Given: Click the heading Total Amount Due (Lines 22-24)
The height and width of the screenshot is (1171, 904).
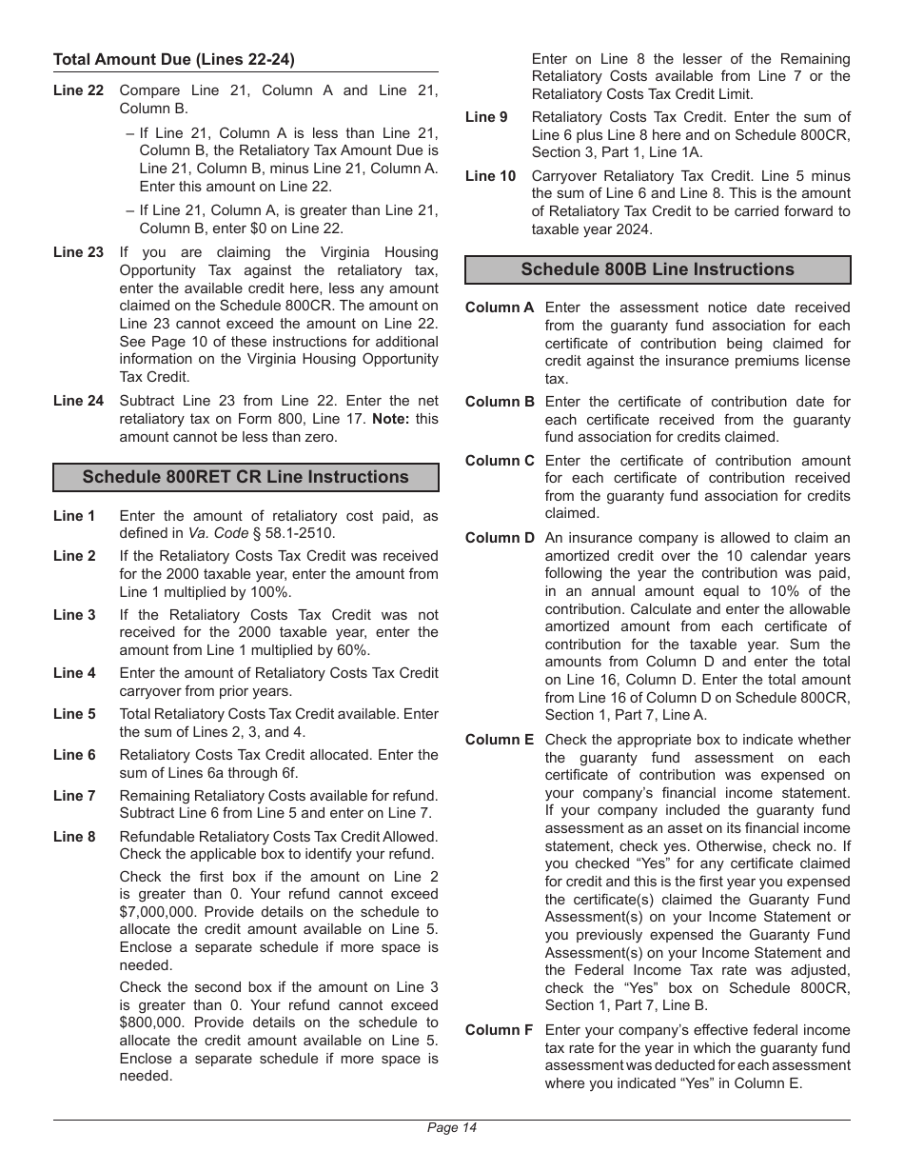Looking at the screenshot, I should click(x=174, y=59).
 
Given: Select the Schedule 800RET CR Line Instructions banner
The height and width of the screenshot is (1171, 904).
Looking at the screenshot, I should click(x=246, y=477).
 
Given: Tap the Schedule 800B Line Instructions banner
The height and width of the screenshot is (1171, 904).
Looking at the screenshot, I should click(x=657, y=269).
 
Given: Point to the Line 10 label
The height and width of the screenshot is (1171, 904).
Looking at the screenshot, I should click(x=490, y=176).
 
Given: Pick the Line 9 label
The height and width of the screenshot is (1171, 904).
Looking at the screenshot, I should click(x=486, y=117).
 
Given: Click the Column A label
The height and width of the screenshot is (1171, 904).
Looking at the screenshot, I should click(x=500, y=308).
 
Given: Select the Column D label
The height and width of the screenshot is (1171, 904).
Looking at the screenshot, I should click(x=500, y=538).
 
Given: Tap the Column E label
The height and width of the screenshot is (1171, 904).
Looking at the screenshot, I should click(x=500, y=740).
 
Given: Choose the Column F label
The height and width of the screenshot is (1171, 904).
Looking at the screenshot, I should click(x=499, y=1030).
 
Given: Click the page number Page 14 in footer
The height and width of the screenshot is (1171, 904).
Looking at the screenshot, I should click(x=451, y=1128).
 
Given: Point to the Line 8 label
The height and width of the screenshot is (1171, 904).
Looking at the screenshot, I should click(x=74, y=837).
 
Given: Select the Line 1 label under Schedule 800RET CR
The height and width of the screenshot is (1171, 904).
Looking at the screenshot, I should click(x=74, y=516).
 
